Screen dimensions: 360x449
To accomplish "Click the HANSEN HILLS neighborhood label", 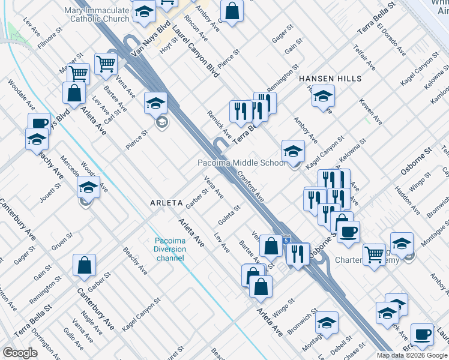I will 330,79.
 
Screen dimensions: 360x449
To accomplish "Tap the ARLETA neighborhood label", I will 166,203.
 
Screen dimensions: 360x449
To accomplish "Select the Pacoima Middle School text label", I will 242,163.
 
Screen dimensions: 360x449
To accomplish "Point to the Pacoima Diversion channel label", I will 170,250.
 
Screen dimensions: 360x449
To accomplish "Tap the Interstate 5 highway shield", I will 286,239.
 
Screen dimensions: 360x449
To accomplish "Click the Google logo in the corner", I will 20,352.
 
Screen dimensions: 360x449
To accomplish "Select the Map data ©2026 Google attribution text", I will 412,355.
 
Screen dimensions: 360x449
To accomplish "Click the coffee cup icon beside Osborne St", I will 348,231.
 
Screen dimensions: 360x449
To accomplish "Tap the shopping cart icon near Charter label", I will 374,254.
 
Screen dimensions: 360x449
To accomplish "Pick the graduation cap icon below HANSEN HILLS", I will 323,96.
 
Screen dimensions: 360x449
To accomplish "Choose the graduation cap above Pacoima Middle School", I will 294,150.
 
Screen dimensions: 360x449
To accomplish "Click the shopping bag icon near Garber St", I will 85,265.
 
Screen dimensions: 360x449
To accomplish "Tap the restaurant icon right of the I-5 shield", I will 297,254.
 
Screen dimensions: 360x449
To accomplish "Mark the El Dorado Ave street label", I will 391,40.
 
